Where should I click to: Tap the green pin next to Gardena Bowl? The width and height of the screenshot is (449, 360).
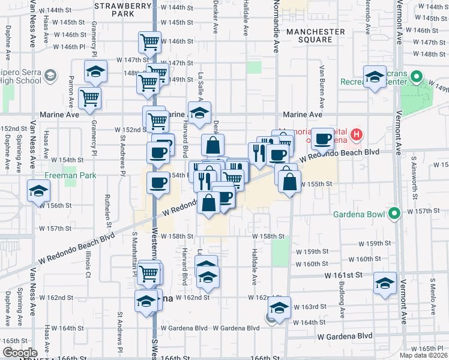394,213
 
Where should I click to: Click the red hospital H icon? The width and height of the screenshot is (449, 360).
357,134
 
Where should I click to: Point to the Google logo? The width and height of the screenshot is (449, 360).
20,353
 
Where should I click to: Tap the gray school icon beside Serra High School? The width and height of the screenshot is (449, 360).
50,76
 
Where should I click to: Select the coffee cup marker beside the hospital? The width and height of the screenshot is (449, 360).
323,140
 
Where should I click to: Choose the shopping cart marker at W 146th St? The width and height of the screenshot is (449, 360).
150,43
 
